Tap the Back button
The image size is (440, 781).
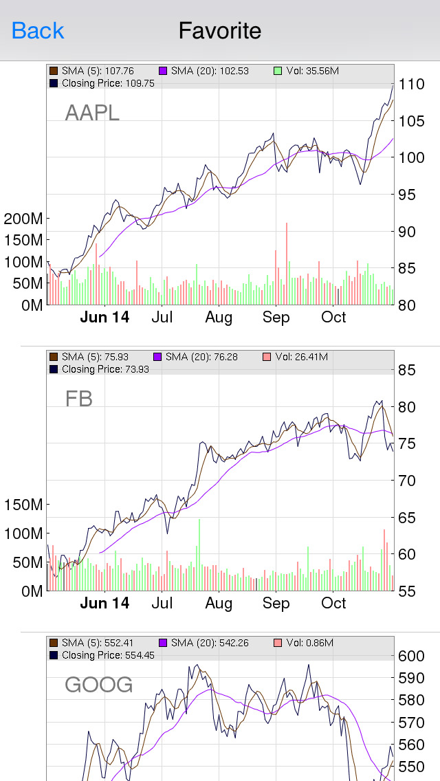[x=38, y=31]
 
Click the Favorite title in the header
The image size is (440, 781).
[x=220, y=31]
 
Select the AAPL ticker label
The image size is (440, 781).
[x=92, y=112]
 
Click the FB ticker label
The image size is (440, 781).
[x=78, y=399]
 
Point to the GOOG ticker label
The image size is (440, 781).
[x=98, y=685]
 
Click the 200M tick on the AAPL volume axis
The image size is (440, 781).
[x=23, y=219]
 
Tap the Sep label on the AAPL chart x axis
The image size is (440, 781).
[x=276, y=318]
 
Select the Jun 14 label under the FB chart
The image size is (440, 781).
[x=104, y=604]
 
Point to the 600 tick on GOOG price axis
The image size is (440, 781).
[x=411, y=656]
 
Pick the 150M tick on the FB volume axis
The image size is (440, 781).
[x=23, y=505]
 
